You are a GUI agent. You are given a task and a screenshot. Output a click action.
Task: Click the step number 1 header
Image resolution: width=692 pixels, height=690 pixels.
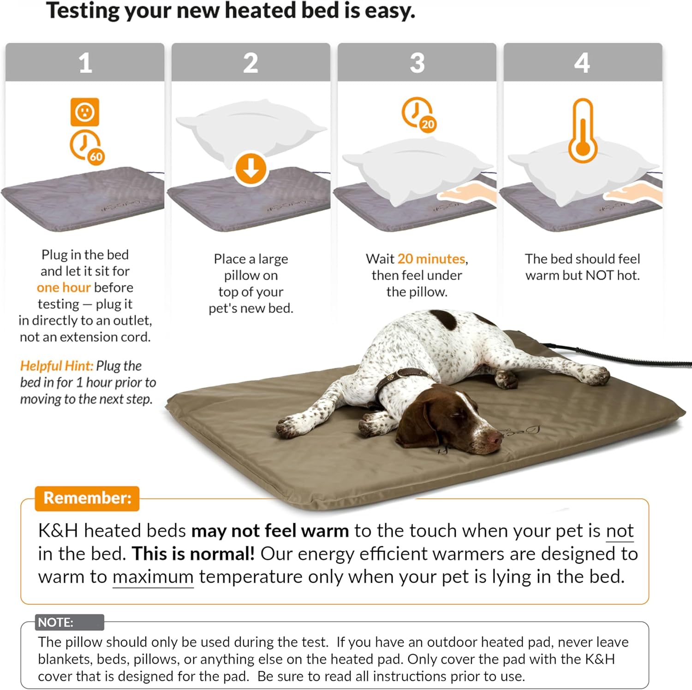point(85,62)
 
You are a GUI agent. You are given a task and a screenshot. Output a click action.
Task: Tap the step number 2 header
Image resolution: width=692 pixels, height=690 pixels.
point(251,62)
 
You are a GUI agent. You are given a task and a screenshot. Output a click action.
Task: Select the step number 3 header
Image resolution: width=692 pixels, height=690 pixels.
point(417,62)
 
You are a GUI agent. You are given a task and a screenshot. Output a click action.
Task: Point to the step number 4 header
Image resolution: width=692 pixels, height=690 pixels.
point(583,62)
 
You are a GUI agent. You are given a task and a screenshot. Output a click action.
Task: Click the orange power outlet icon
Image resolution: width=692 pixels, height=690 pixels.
point(85,112)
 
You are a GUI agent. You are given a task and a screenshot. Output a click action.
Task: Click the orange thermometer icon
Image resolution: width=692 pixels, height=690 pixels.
point(583,130)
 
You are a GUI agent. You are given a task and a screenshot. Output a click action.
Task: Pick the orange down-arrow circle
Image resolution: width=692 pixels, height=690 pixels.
point(251,169)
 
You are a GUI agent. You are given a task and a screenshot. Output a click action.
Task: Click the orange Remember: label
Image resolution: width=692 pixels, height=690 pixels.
point(87,498)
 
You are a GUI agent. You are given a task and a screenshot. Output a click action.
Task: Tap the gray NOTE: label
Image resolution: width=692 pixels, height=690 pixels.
point(70,622)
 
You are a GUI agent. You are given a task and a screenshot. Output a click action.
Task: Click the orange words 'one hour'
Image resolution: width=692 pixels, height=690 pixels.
point(64,288)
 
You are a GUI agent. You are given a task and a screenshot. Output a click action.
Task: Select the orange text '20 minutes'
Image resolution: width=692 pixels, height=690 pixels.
point(431,259)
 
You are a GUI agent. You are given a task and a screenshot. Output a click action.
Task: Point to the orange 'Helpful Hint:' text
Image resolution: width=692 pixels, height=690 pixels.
point(57,366)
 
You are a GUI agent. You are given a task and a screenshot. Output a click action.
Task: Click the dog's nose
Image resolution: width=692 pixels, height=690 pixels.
point(495,437)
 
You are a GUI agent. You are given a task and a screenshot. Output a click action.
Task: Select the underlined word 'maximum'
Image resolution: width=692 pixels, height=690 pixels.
point(153,577)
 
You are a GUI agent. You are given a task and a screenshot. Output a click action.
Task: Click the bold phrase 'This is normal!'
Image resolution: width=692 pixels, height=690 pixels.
point(193,554)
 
